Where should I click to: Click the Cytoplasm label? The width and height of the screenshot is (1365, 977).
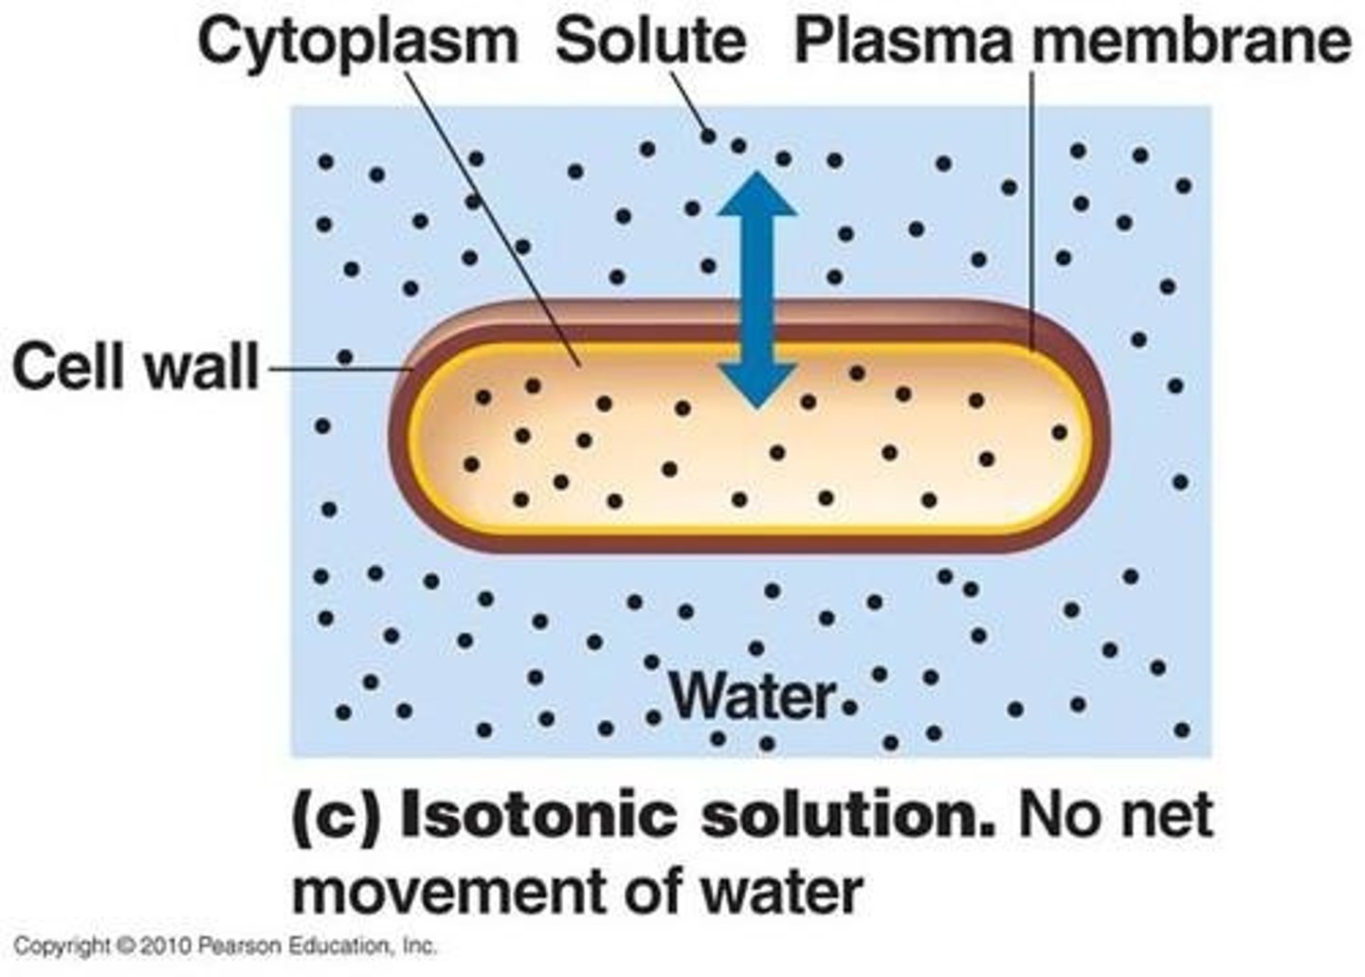pos(358,42)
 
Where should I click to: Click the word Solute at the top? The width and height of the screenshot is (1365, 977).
pos(650,42)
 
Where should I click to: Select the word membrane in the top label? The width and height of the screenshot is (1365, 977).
pos(1192,42)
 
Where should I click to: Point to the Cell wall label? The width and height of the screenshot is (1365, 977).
pos(136,367)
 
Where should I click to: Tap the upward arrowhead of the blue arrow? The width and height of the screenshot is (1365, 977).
pos(755,194)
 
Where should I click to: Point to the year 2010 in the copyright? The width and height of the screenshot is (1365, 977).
pos(167,946)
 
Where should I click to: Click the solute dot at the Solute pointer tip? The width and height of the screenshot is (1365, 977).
pos(707,136)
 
